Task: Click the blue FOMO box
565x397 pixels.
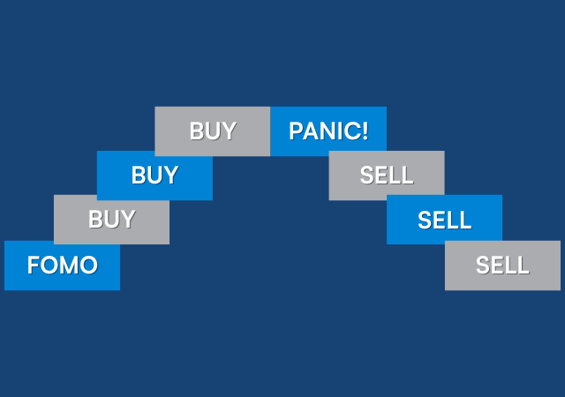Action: (x=62, y=265)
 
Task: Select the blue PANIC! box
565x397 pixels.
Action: (x=328, y=131)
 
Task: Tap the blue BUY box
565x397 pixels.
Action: (x=154, y=175)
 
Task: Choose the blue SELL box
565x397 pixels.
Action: (x=444, y=219)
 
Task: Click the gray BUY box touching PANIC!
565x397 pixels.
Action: (x=213, y=131)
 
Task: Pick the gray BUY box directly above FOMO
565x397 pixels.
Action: (x=111, y=219)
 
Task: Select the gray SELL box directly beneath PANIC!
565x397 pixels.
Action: (x=387, y=175)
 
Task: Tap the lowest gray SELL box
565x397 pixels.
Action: (x=502, y=265)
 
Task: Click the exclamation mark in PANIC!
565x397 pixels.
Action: (x=365, y=131)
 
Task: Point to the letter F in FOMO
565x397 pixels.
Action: (x=34, y=265)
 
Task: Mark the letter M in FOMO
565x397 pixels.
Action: (x=69, y=265)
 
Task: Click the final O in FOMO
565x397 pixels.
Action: (x=88, y=265)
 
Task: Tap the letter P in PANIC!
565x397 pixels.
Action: (x=296, y=131)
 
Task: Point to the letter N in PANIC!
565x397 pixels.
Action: (x=326, y=131)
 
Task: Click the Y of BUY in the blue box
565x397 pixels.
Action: (x=170, y=175)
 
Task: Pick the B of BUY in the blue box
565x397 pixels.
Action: (x=138, y=175)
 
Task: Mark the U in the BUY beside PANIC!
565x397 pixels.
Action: (x=213, y=131)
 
